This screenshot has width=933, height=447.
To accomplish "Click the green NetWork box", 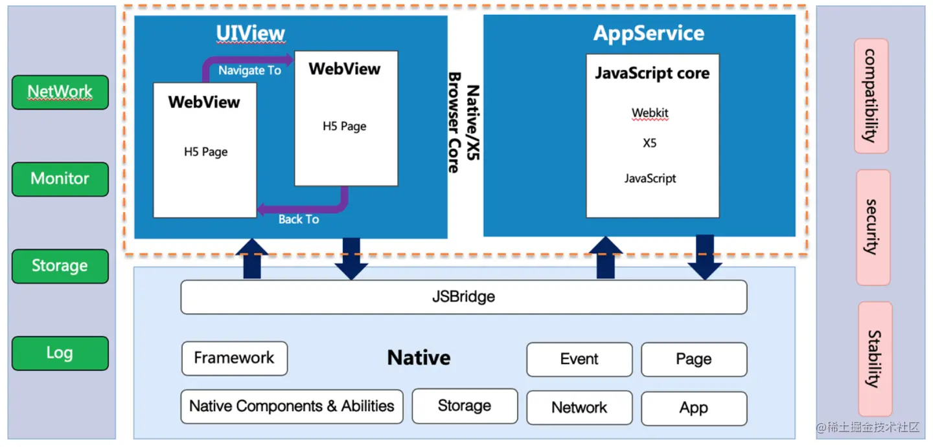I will pyautogui.click(x=60, y=93).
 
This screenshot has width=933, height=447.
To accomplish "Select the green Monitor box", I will pyautogui.click(x=60, y=179).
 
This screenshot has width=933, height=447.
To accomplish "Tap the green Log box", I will pyautogui.click(x=60, y=353).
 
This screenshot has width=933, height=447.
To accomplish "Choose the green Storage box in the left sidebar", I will pyautogui.click(x=60, y=266).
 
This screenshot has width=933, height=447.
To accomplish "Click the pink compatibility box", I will pyautogui.click(x=871, y=96).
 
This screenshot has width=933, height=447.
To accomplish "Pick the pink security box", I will pyautogui.click(x=873, y=227).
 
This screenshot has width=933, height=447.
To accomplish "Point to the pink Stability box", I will pyautogui.click(x=875, y=359).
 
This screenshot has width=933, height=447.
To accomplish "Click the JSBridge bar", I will pyautogui.click(x=463, y=297).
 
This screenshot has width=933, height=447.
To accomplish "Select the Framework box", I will pyautogui.click(x=234, y=358).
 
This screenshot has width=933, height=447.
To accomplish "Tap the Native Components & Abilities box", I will pyautogui.click(x=292, y=406).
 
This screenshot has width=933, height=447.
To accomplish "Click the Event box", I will pyautogui.click(x=579, y=360).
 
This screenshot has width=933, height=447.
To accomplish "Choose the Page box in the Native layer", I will pyautogui.click(x=694, y=360).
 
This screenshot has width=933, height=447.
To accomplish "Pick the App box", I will pyautogui.click(x=694, y=408).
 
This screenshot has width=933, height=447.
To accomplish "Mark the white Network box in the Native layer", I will pyautogui.click(x=579, y=408).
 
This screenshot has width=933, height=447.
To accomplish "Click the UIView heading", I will pyautogui.click(x=250, y=33).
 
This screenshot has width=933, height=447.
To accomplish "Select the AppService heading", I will pyautogui.click(x=649, y=34).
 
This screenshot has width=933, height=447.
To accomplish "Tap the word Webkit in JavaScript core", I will pyautogui.click(x=650, y=113).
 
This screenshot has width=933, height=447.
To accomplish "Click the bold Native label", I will pyautogui.click(x=419, y=358).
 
